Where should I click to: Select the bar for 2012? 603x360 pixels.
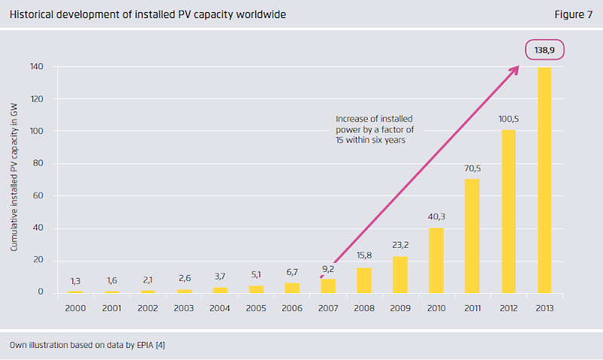[x=509, y=211]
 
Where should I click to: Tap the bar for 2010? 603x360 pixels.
[x=436, y=260]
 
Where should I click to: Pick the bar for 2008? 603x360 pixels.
[x=364, y=279]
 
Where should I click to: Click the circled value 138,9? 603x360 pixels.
[x=545, y=51]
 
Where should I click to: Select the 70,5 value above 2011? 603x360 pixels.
[x=473, y=169]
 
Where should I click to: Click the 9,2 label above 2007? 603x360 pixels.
[x=329, y=269]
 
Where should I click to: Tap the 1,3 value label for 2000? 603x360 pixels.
[x=75, y=282]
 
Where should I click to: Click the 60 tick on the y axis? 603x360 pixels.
[x=38, y=196]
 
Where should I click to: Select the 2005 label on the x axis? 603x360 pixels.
[x=256, y=308]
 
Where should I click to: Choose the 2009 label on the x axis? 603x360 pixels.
[x=400, y=308]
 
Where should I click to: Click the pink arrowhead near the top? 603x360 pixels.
[x=515, y=70]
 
